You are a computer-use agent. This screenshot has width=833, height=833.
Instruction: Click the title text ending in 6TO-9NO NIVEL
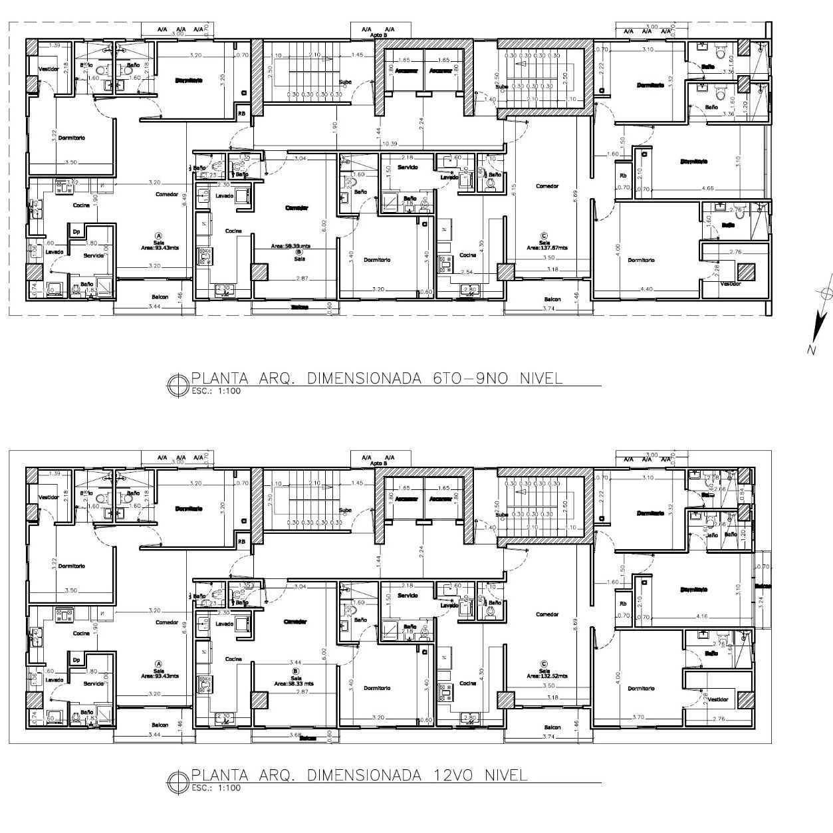point(377,379)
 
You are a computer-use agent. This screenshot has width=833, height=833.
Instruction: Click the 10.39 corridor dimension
point(390,144)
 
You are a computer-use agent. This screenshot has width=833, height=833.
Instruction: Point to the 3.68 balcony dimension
point(297,735)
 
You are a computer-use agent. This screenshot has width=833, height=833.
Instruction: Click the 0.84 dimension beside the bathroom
point(741,492)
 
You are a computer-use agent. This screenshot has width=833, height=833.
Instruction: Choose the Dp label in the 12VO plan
point(77,660)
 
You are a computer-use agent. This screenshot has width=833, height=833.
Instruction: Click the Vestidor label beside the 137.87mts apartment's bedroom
point(730,283)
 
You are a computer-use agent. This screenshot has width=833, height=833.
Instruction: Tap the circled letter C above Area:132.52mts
point(544,663)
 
